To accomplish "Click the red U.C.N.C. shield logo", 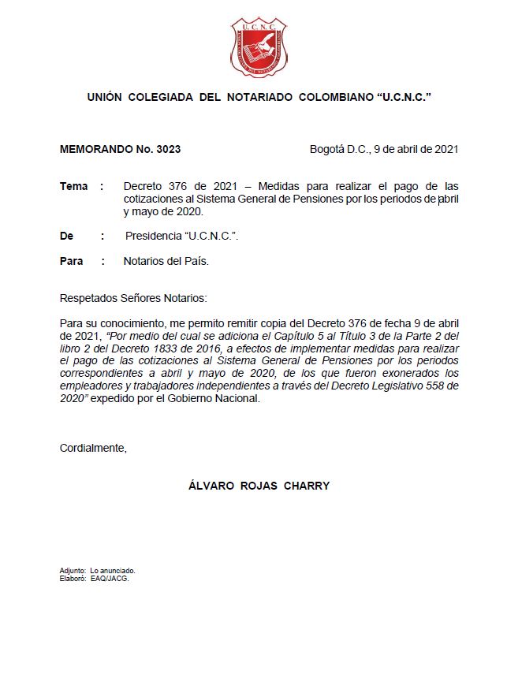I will (259, 48).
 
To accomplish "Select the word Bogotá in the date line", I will (327, 148).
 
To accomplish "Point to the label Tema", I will (74, 186).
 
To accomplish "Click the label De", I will (67, 236).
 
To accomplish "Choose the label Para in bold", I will (72, 261).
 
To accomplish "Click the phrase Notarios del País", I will (166, 261).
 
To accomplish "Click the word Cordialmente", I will (93, 448).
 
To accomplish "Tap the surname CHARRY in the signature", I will (308, 486).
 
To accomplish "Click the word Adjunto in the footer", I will (73, 570).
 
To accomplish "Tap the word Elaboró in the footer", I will (73, 578).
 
